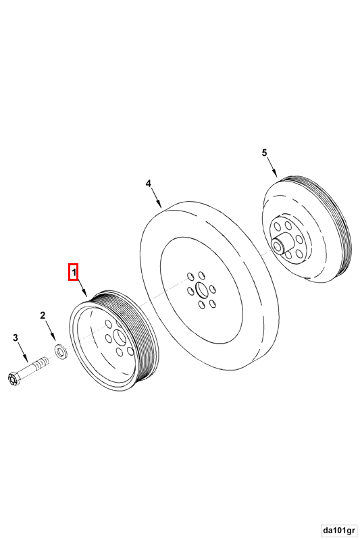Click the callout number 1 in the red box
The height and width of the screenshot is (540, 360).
point(73,272)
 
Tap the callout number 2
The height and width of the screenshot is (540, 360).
point(43,315)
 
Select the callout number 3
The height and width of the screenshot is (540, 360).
point(16,337)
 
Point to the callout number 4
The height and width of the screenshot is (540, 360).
point(148,184)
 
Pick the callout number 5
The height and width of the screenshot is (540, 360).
point(264,153)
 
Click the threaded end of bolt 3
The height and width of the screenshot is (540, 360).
point(41,362)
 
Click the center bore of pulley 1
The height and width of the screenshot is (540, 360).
point(119,337)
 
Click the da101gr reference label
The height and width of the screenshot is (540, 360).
point(339,529)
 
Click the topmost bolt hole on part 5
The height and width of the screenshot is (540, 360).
point(288,225)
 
